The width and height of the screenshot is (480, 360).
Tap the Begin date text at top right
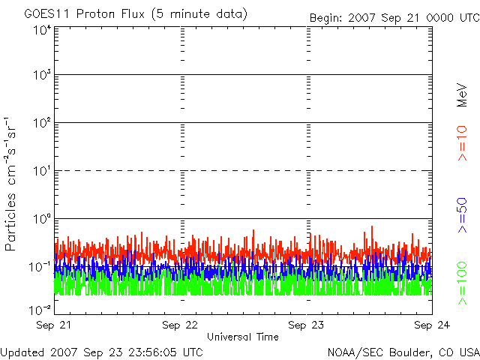394,18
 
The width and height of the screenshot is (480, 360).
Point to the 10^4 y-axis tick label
43,30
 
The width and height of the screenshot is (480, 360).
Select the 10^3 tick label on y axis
43,75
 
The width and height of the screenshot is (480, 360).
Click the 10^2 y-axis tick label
43,123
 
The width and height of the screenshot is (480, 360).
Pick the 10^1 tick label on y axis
43,171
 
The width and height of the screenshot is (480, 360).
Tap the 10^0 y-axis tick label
43,219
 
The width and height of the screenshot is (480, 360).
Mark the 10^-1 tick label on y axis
40,267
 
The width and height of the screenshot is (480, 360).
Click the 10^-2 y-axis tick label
40,310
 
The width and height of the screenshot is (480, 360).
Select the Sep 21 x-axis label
53,325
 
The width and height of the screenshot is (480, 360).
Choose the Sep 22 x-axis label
180,325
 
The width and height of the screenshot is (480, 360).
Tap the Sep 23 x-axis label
306,325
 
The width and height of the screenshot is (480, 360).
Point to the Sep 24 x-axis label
432,325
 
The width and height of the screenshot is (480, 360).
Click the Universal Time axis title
243,337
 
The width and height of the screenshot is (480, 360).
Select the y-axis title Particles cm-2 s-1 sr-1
10,184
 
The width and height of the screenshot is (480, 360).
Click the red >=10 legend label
462,143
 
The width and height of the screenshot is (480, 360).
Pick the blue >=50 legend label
462,215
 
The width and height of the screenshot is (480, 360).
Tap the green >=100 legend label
462,283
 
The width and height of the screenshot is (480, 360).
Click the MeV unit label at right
462,95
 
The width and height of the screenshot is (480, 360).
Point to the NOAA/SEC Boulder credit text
403,352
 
